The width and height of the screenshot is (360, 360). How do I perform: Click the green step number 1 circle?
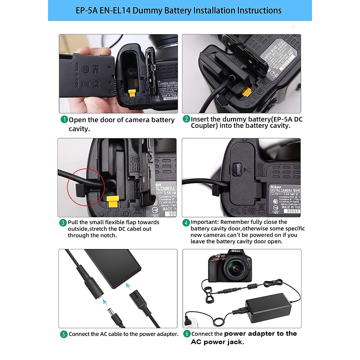coord(64,119)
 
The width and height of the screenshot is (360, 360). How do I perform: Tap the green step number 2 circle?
coord(186,119)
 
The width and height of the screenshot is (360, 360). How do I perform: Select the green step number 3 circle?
coord(63,223)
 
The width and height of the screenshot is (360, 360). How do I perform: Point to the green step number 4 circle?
coord(186,223)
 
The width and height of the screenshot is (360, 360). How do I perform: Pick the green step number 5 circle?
coord(64,334)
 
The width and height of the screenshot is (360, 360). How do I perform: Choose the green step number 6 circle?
coord(187,334)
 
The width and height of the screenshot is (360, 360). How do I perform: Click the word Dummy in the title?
coord(147,10)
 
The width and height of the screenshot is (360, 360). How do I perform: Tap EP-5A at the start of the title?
coord(86,10)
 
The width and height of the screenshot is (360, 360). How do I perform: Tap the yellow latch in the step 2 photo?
coord(246,92)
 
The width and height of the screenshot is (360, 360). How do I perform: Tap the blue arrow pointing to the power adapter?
coord(128,286)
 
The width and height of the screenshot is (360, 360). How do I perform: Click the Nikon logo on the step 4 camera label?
coord(276,187)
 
